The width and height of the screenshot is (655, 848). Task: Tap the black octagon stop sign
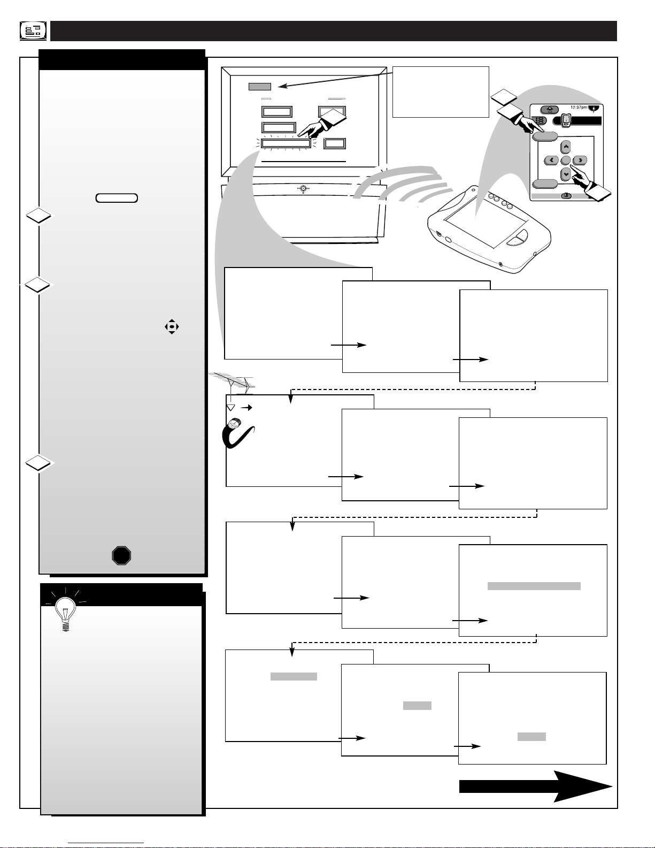pos(121,555)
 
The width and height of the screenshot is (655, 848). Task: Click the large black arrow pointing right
pos(536,786)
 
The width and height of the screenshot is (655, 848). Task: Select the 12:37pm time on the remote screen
pos(579,108)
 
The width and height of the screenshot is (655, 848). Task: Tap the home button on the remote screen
pos(550,110)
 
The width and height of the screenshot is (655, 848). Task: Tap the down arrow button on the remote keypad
pos(566,174)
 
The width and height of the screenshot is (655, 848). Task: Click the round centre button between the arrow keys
pos(566,160)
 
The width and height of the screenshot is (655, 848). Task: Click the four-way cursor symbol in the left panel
pos(172,327)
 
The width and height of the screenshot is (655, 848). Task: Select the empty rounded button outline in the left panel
pos(117,198)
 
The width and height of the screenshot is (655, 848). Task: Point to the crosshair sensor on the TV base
pos(303,189)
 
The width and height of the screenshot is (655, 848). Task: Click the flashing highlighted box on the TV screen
pos(286,143)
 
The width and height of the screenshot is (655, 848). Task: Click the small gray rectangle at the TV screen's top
pos(260,87)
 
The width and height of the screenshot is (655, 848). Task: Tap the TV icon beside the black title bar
pos(33,31)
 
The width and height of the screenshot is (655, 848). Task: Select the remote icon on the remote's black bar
pos(566,120)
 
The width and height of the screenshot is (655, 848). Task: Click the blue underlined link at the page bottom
pos(106,843)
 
